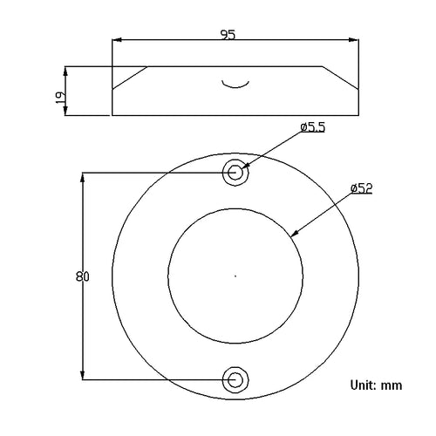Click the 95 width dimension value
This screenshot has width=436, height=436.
228,35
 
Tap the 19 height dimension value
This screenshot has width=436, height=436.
60,98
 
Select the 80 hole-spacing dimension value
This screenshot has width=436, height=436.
83,276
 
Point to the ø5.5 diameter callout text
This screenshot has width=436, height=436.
313,127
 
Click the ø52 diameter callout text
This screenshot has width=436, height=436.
362,188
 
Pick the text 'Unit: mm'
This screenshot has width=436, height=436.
377,385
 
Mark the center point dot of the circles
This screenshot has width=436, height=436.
235,276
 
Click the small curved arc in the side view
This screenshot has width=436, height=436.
235,86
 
